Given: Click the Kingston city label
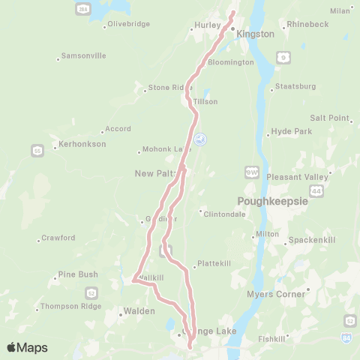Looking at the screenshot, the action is point(255,34).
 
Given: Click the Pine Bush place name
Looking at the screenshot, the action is point(78,274).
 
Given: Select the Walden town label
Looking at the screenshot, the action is point(139,310).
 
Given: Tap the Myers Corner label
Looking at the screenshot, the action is point(276,294).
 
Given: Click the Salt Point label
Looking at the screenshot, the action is point(330,118).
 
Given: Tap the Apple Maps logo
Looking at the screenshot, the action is point(27,347).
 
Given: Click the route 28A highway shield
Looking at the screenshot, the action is point(82,7).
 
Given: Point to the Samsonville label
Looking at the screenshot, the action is point(83,56).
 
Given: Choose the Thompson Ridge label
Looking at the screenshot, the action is point(70,306).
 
